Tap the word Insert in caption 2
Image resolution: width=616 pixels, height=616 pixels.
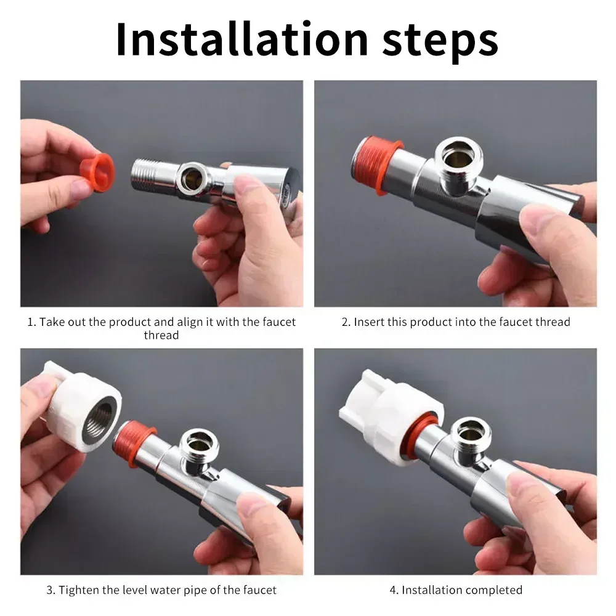coord(370,322)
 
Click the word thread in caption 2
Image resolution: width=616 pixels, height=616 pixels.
coord(553,322)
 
